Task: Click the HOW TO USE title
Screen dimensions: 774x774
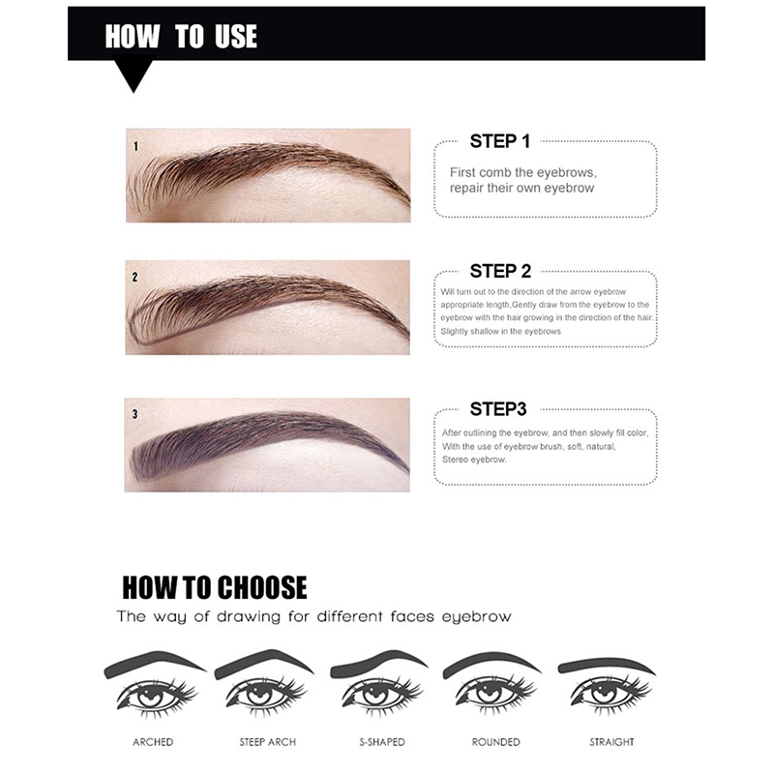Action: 181,36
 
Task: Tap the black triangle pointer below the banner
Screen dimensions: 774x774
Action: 134,74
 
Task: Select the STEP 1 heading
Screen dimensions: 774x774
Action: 499,141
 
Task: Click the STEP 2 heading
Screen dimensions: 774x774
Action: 500,271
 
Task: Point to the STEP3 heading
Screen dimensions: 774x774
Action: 498,408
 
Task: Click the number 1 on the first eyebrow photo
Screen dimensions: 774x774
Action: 135,146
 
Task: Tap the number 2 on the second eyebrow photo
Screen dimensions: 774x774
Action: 134,278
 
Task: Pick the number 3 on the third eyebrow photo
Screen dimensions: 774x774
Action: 134,414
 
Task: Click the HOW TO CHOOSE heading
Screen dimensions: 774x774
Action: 214,587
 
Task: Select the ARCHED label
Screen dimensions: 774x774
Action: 153,742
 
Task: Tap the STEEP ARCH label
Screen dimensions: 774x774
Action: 268,742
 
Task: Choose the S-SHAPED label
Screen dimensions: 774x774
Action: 382,742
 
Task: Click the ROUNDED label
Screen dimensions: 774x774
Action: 496,742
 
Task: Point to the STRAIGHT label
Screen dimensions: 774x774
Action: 611,742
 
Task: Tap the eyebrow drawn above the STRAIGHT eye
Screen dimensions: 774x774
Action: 607,666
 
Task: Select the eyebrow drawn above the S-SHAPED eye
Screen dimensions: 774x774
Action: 379,663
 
